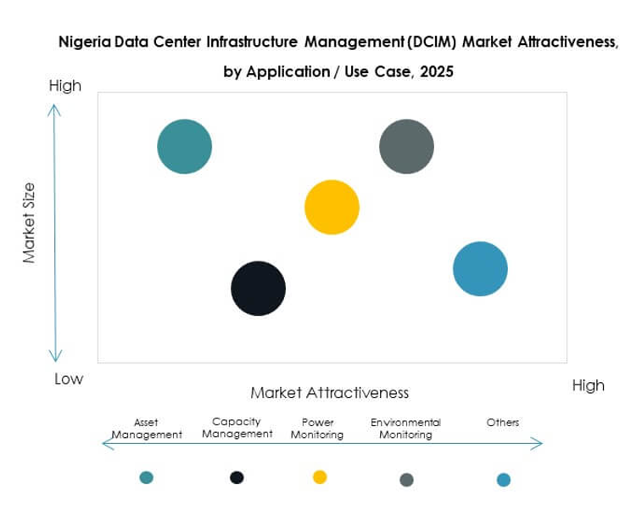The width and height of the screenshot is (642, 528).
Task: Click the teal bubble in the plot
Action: coord(185,147)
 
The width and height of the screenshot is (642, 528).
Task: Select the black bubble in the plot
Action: coord(259,289)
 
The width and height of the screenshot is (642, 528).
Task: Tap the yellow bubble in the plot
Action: coord(332,207)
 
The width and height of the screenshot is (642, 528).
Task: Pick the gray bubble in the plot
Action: coord(406,147)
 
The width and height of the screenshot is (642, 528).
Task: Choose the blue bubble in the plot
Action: coord(480,269)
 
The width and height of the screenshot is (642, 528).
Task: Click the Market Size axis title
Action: coord(29,222)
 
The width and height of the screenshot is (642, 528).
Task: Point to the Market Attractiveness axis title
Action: coord(329,393)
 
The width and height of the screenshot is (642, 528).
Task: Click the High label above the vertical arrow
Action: coord(65,86)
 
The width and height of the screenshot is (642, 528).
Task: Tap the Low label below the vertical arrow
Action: coord(69,379)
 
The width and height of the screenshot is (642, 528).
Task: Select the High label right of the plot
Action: coord(588,385)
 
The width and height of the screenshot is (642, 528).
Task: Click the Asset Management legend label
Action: coord(147,429)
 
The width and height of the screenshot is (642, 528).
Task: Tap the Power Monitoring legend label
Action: coord(318,429)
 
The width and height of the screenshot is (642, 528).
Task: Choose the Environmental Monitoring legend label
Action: coord(405,429)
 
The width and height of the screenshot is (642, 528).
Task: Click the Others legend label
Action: coord(503,423)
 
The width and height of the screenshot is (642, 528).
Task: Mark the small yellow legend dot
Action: coord(320,477)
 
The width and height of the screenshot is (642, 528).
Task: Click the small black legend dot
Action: coord(237,477)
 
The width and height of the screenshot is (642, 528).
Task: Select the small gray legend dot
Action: coord(406,480)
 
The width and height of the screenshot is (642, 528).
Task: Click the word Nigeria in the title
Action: coord(81,41)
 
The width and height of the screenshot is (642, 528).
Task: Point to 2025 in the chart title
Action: coord(436,72)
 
